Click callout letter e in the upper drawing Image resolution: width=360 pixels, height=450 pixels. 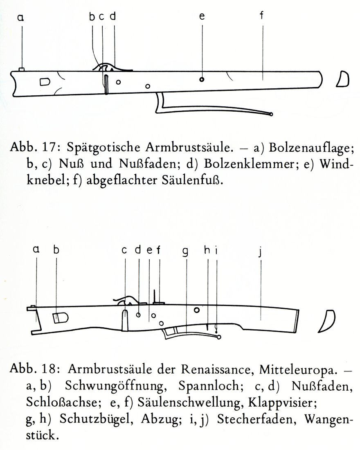click(202, 16)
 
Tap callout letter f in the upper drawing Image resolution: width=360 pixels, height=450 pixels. click(261, 15)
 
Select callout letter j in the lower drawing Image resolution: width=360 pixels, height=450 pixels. click(260, 252)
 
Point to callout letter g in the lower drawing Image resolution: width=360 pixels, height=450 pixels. click(186, 251)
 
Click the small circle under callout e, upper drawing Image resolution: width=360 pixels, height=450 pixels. click(202, 79)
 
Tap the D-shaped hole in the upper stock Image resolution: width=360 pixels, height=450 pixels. click(45, 82)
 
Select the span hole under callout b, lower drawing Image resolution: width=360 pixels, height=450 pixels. click(61, 318)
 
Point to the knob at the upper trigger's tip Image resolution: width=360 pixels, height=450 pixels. click(271, 114)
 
